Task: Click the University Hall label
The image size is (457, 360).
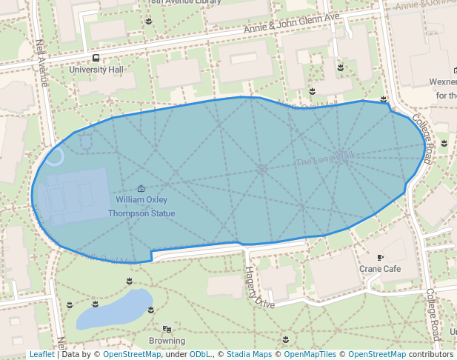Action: click(x=96, y=70)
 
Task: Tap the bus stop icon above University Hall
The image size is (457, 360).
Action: click(x=96, y=58)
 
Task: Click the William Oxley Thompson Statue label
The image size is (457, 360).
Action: click(x=141, y=207)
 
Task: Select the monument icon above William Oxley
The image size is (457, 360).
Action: click(x=141, y=189)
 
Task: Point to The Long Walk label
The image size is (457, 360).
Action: click(x=325, y=159)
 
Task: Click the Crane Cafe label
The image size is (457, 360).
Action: click(x=380, y=269)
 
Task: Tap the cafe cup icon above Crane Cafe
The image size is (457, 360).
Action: click(x=380, y=258)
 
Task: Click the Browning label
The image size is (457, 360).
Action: click(x=167, y=341)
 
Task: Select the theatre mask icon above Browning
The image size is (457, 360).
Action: click(x=167, y=329)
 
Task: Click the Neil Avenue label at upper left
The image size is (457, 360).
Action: click(x=42, y=63)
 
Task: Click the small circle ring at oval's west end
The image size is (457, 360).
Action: click(x=55, y=156)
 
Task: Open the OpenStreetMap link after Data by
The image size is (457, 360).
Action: click(x=132, y=354)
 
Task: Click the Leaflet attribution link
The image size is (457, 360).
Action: click(x=41, y=354)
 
